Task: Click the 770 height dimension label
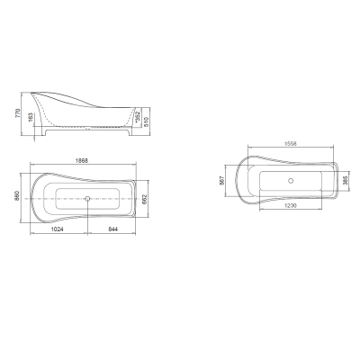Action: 17,113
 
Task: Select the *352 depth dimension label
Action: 138,117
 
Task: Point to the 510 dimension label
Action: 147,121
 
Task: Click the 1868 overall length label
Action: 82,160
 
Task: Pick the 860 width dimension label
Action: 17,195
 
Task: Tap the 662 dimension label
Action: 144,199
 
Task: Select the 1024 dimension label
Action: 57,229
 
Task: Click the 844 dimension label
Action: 112,229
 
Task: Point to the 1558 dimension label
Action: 290,143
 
